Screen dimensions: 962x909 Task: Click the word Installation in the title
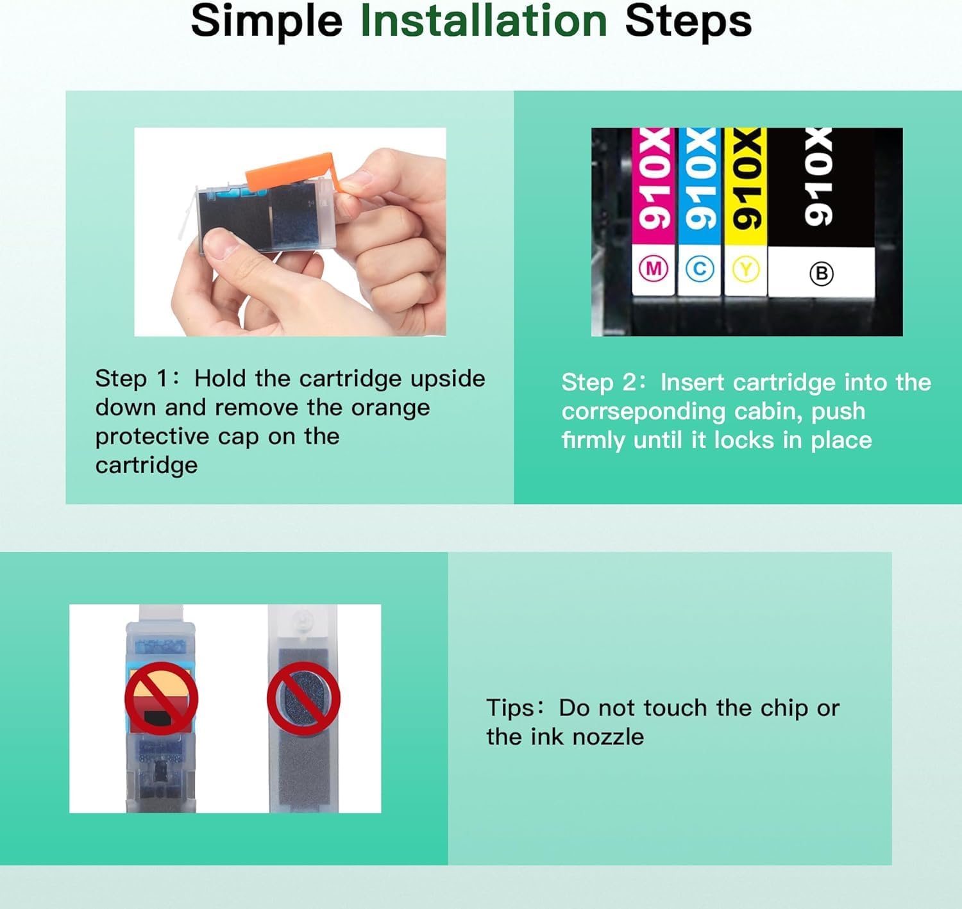click(x=484, y=21)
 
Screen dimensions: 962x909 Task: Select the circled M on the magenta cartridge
click(x=654, y=269)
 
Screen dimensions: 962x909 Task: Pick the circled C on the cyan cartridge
click(x=700, y=269)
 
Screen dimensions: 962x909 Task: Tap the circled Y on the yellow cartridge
click(x=746, y=269)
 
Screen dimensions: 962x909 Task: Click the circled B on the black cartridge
click(x=821, y=274)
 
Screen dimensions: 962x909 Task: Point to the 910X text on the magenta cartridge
click(x=654, y=179)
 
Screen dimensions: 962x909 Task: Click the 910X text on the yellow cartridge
click(x=746, y=179)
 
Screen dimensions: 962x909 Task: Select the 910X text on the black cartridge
click(x=818, y=177)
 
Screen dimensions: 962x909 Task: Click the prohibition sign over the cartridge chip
click(x=161, y=699)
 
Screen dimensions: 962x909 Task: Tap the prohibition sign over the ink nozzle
click(x=303, y=699)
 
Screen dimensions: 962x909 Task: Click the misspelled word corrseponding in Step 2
click(x=643, y=412)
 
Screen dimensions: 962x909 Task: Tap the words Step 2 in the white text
click(x=599, y=382)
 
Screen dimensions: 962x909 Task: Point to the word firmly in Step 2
click(x=593, y=440)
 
